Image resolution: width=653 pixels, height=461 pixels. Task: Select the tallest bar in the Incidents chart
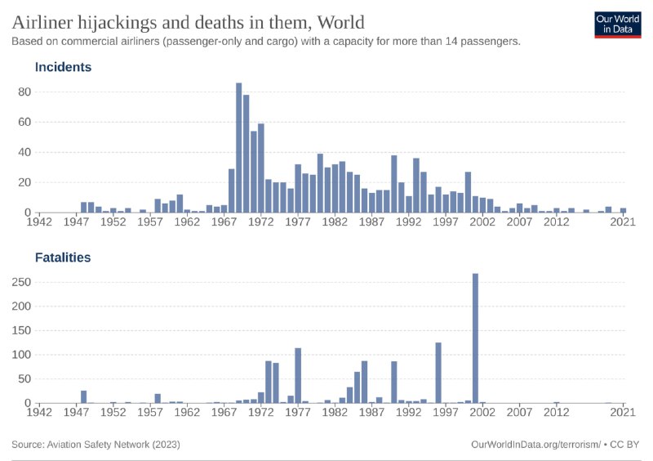(239, 147)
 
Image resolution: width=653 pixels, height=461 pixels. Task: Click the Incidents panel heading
(63, 67)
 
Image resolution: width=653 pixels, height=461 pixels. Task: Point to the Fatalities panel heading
(63, 257)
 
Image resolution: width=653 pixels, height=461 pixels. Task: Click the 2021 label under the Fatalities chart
(624, 414)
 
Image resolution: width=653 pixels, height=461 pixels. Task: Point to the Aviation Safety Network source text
(96, 444)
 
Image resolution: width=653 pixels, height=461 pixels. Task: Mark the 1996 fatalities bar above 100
(438, 373)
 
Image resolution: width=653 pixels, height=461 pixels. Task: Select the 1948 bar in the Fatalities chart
(83, 396)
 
